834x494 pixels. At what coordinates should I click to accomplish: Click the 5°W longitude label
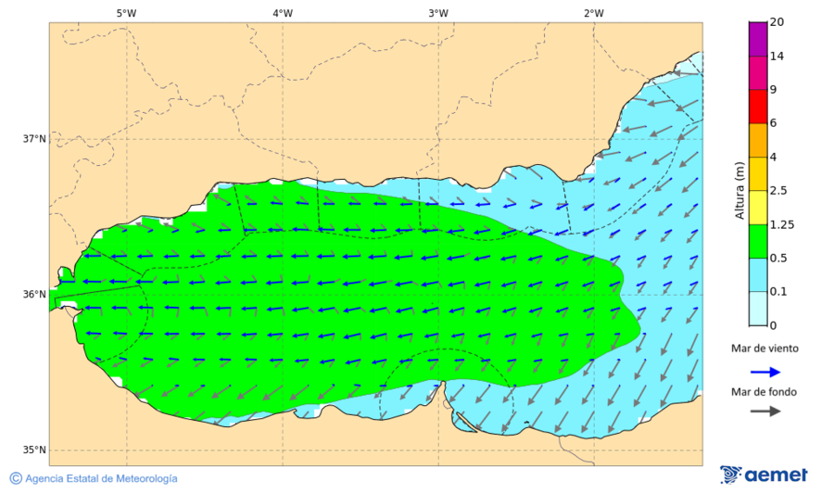126,13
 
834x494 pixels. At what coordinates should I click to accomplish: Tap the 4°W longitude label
283,13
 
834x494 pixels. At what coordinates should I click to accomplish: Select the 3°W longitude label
438,13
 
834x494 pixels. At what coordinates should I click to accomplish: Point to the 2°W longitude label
594,13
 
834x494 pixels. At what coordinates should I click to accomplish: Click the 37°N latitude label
34,139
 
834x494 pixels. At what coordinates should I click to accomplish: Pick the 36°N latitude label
34,295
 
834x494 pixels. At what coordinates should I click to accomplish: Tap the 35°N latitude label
34,450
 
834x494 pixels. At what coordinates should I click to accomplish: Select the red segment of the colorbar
758,106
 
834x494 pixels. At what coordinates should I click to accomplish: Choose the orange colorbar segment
758,140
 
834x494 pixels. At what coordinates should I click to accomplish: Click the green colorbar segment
758,241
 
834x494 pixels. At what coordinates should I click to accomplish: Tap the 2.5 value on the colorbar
778,191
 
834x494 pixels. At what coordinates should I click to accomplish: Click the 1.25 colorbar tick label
781,224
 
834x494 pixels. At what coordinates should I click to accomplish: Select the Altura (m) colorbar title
739,190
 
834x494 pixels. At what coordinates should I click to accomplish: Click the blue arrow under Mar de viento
764,371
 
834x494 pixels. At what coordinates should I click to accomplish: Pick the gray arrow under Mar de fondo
764,412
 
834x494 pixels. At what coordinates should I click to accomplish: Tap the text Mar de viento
764,348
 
